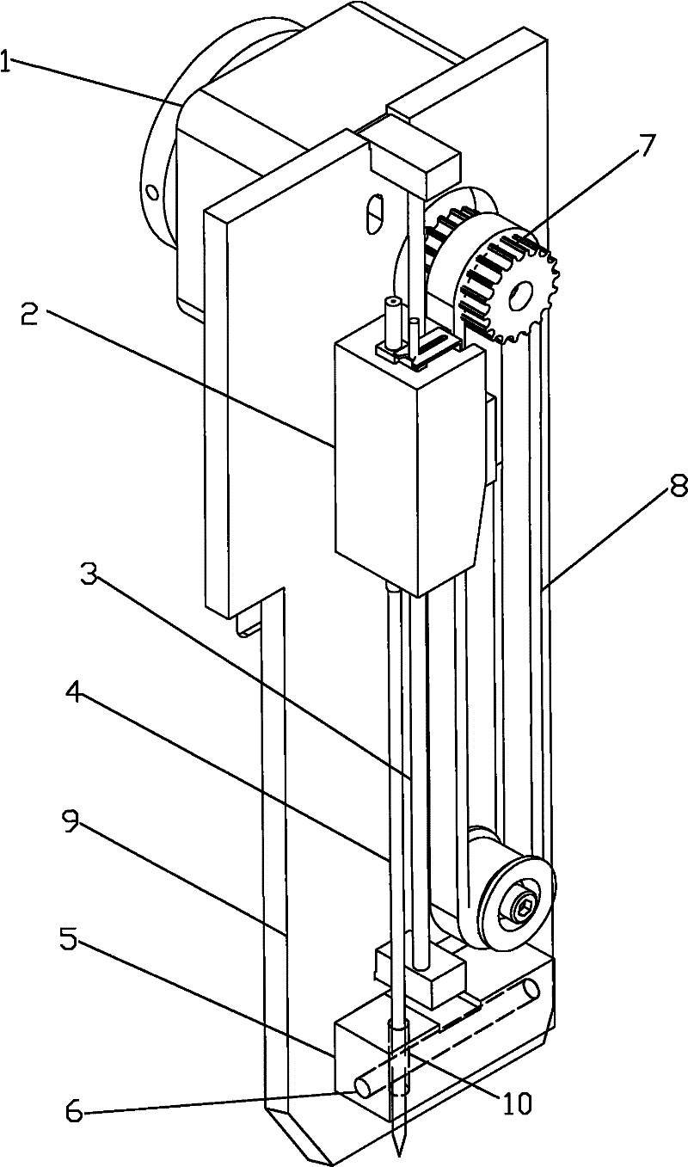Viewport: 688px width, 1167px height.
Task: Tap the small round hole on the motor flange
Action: (152, 190)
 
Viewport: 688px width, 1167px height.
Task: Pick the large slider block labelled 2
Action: (404, 464)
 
